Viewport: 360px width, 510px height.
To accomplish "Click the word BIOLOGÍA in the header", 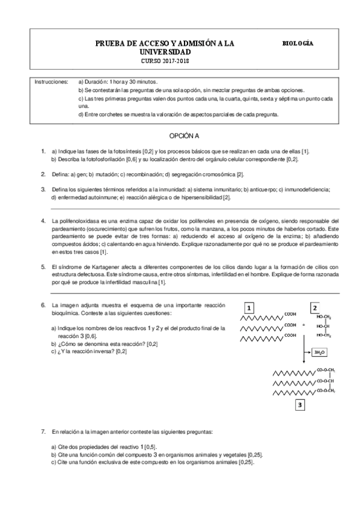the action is (297, 43).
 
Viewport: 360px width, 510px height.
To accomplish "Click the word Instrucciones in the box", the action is (51, 81).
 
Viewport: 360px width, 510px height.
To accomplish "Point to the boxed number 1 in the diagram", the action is (249, 306).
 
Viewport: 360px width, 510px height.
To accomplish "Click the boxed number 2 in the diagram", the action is (314, 306).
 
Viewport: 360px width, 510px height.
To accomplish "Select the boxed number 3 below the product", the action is (299, 405).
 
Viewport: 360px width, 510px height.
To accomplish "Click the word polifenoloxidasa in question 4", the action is (79, 221).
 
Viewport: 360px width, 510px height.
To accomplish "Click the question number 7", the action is (43, 431).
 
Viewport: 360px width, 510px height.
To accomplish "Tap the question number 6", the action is (43, 305).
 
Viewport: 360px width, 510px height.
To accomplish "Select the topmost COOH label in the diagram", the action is (290, 314).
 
